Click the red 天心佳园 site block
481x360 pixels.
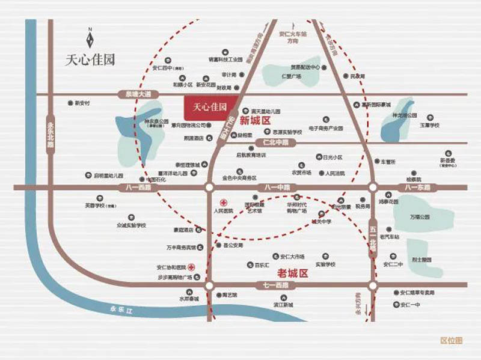209,108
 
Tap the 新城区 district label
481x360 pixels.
253,121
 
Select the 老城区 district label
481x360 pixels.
295,273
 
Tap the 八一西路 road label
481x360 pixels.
138,188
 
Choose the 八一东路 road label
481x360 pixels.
417,188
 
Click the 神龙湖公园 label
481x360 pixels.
404,114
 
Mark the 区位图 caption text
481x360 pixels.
451,341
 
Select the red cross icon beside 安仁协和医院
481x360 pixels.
191,267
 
